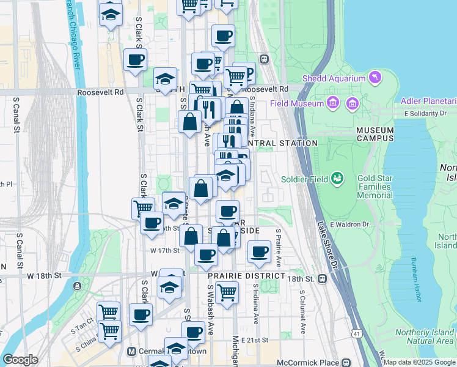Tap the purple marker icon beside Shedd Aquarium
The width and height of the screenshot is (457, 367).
coord(375,78)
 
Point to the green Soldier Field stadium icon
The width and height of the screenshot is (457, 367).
coord(336,179)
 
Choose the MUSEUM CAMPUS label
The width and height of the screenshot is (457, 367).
coord(375,135)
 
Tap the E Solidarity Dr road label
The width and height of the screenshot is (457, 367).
coord(425,114)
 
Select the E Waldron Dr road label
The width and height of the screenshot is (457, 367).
coord(351,224)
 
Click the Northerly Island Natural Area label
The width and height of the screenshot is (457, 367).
coord(423,336)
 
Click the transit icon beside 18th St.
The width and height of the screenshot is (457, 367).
coord(322,279)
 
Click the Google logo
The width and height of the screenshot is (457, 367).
coord(21,360)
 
